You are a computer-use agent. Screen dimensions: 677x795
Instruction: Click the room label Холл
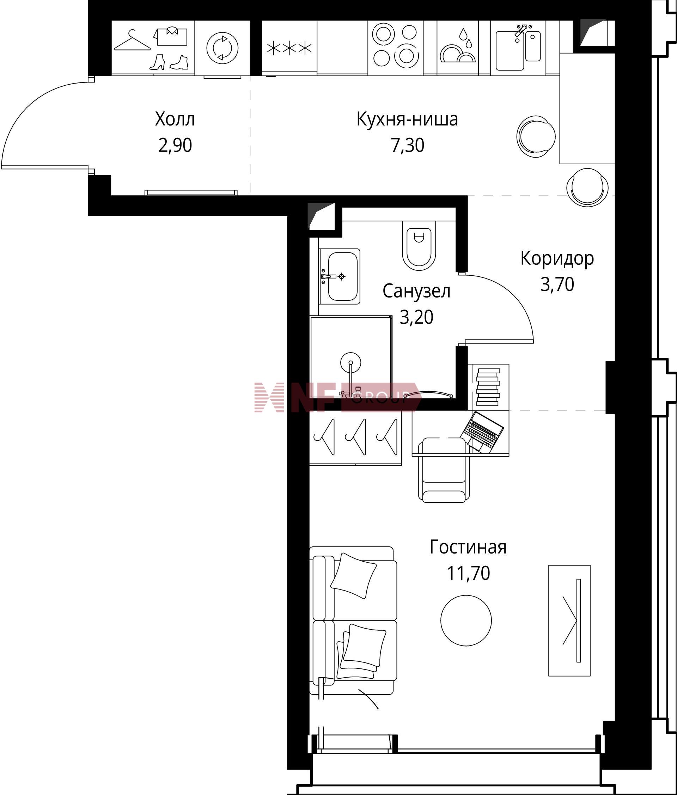pyautogui.click(x=175, y=119)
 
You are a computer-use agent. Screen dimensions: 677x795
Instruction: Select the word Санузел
pyautogui.click(x=416, y=291)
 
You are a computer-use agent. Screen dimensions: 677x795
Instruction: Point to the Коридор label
pyautogui.click(x=557, y=259)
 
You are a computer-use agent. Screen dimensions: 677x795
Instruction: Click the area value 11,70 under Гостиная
pyautogui.click(x=469, y=574)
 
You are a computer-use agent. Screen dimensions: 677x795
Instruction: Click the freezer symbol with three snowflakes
pyautogui.click(x=289, y=48)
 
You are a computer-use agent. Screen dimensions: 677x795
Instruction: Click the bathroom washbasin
pyautogui.click(x=340, y=276)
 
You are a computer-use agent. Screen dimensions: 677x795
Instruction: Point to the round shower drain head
pyautogui.click(x=350, y=362)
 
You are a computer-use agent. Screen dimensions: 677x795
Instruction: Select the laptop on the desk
pyautogui.click(x=482, y=432)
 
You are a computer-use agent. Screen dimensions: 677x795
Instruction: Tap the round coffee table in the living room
pyautogui.click(x=466, y=620)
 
